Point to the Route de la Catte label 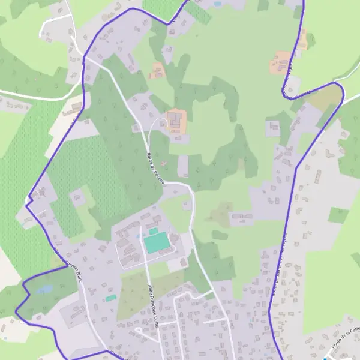click(345, 341)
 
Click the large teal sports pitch click(155, 244)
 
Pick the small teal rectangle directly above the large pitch click(154, 231)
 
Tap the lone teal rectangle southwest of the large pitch click(110, 298)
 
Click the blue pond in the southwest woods click(44, 290)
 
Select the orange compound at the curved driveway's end click(176, 121)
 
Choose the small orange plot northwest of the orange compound click(157, 71)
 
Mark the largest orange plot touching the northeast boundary click(281, 63)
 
